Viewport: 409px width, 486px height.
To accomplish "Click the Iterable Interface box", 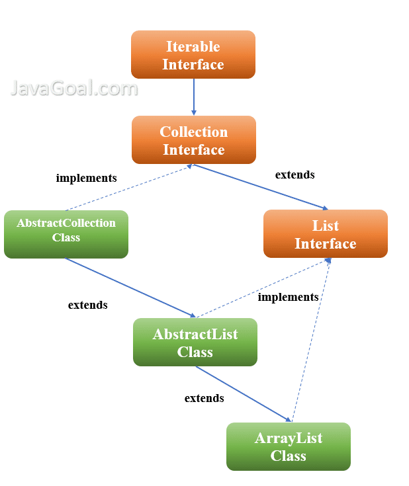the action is click(193, 54).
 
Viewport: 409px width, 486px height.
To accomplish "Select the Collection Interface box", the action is click(194, 140).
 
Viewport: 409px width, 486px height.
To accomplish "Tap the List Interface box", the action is click(326, 233).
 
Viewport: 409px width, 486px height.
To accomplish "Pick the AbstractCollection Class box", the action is click(66, 234).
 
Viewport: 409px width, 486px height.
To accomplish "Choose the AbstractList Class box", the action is click(195, 343).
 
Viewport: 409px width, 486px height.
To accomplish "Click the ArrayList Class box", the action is click(289, 446).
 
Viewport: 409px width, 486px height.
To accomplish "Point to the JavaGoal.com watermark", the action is click(74, 88).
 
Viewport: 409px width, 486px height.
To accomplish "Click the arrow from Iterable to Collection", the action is click(194, 97).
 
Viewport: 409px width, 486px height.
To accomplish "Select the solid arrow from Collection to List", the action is click(261, 187).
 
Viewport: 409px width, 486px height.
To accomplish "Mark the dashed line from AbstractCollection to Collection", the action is click(129, 188).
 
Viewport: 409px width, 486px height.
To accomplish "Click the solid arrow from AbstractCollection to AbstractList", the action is click(130, 288).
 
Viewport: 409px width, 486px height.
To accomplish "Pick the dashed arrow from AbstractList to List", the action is click(264, 288).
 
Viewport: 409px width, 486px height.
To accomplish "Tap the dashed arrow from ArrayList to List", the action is click(312, 340).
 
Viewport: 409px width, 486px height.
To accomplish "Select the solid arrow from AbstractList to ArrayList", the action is click(244, 394).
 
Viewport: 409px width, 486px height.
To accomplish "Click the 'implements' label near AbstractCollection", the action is click(86, 179).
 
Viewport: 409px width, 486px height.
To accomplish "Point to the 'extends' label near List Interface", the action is click(295, 175).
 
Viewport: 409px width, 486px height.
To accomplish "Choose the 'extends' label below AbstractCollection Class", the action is click(88, 305).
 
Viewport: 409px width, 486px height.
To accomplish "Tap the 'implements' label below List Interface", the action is click(289, 298).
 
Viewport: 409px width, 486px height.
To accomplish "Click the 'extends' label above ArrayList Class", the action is click(204, 398).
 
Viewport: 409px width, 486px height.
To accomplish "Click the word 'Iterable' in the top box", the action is click(193, 46).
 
